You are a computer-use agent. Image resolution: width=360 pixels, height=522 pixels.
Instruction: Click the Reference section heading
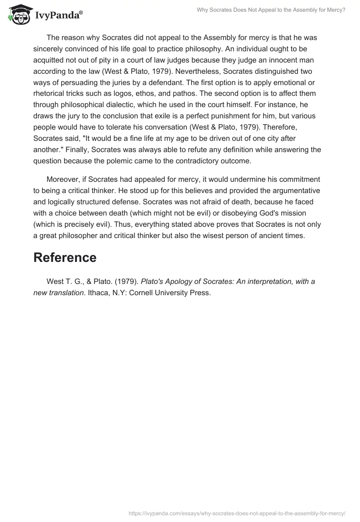tap(65, 257)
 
